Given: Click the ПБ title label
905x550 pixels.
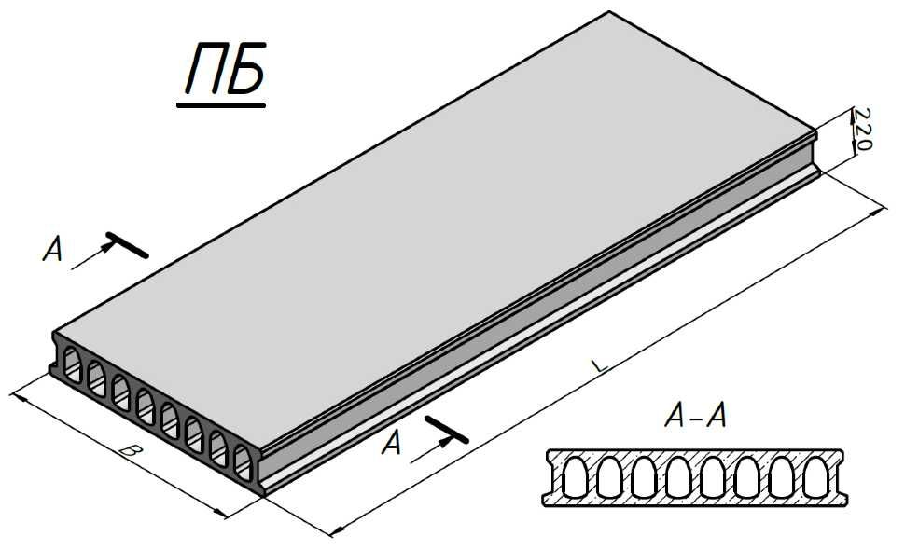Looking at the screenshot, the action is click(225, 68).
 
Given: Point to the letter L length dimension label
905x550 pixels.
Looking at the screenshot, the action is click(600, 365).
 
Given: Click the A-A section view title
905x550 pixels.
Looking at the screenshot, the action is click(695, 417).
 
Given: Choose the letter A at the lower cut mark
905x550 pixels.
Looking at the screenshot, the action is click(392, 443).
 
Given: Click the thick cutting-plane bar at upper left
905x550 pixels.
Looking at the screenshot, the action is click(128, 244).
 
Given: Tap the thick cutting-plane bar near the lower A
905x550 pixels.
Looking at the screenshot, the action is click(446, 430).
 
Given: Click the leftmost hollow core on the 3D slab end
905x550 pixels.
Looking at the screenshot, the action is click(73, 364).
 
